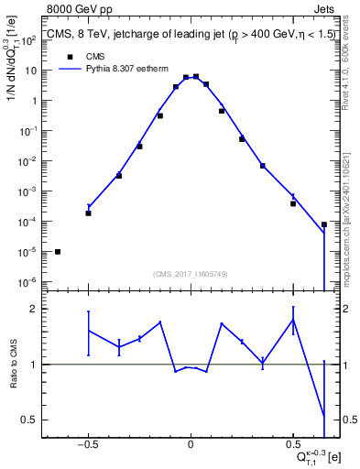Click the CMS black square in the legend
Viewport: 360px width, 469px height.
(x=70, y=56)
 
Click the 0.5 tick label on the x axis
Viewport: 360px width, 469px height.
(x=293, y=443)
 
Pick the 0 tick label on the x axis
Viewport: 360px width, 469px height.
(x=191, y=443)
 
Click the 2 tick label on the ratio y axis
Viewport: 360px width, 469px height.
(x=41, y=310)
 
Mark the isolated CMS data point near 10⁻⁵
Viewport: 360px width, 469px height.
(x=58, y=251)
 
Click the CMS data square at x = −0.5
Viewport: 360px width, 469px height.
(x=88, y=213)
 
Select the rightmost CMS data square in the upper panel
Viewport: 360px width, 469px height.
(x=324, y=224)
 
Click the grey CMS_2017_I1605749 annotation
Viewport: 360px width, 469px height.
(x=191, y=273)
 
